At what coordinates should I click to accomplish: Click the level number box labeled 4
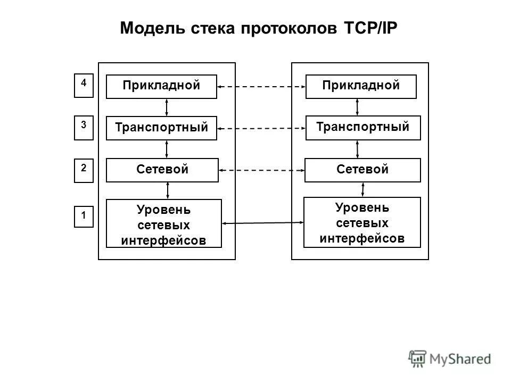[x=84, y=86]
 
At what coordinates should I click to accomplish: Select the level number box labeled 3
[x=84, y=128]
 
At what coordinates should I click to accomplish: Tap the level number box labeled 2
[x=84, y=171]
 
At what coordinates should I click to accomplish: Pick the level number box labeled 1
[x=84, y=217]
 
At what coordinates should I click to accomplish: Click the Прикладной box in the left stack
[x=161, y=87]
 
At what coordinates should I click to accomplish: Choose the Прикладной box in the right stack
[x=361, y=87]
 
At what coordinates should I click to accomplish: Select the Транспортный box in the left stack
[x=161, y=128]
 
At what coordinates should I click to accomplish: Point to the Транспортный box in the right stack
[x=362, y=128]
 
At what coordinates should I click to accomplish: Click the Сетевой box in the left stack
[x=161, y=170]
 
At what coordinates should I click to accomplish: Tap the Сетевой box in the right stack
[x=362, y=170]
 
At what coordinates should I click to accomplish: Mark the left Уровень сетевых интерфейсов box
[x=163, y=223]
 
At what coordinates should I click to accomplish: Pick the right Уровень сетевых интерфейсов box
[x=362, y=222]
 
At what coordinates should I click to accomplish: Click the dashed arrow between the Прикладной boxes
[x=261, y=87]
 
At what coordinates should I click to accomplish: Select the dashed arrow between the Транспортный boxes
[x=261, y=128]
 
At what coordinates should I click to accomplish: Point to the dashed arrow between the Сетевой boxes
[x=261, y=170]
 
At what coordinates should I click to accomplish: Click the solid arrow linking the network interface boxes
[x=262, y=223]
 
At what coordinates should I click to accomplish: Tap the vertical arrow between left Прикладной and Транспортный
[x=167, y=107]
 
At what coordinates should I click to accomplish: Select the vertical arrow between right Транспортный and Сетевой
[x=357, y=149]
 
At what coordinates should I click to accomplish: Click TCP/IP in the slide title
[x=367, y=28]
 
